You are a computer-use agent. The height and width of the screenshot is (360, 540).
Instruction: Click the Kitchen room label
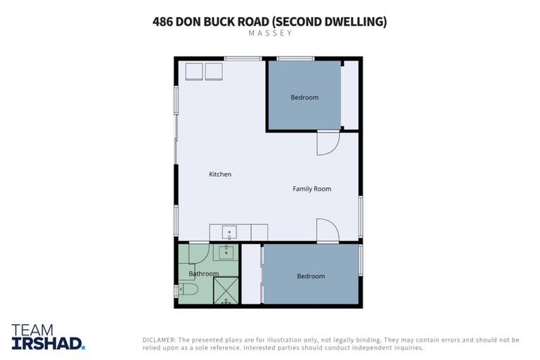[x=220, y=174]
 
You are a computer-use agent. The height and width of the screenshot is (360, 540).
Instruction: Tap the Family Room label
[x=311, y=188]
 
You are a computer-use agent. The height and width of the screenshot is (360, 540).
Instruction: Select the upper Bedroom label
[x=304, y=97]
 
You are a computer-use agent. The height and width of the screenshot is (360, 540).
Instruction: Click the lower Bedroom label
[x=311, y=276]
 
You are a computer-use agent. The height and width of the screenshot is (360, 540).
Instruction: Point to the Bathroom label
[x=203, y=274]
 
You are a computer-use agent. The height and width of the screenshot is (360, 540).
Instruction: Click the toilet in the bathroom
[x=188, y=290]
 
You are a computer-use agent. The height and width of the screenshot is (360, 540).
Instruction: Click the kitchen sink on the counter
[x=230, y=233]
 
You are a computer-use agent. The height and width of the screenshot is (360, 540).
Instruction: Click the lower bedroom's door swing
[x=327, y=230]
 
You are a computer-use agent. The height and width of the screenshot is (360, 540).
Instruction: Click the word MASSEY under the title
[x=269, y=33]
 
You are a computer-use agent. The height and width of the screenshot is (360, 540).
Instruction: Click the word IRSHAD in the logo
[x=48, y=343]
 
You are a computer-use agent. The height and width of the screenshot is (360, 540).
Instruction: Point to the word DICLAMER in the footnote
[x=160, y=340]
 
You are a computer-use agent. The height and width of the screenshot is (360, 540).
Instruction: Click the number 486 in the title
[x=163, y=21]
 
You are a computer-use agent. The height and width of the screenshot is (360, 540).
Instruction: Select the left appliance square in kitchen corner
[x=195, y=71]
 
